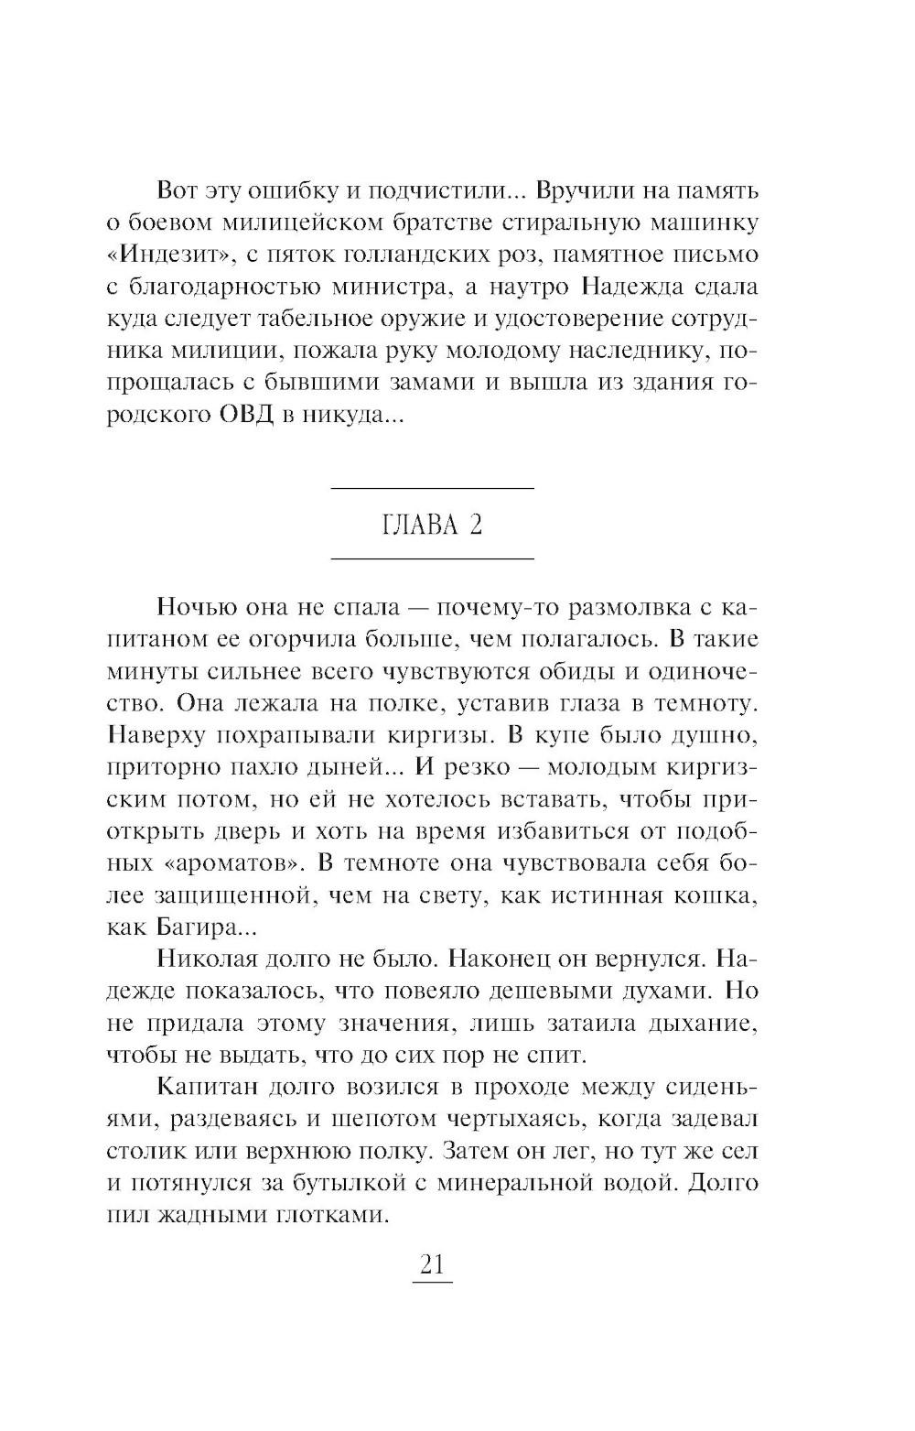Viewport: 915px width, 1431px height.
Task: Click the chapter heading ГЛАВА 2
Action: tap(432, 526)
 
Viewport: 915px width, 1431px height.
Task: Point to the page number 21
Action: tap(432, 1264)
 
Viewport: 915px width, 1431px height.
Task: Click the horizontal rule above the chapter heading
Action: tap(432, 488)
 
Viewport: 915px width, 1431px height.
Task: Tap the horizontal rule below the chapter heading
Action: tap(432, 558)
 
